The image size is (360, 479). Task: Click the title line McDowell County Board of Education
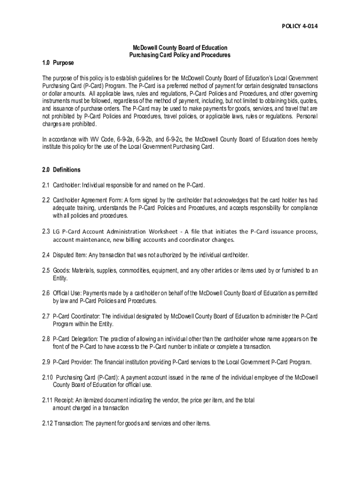180,48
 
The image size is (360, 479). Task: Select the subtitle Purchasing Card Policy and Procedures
180,55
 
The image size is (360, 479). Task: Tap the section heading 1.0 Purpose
58,63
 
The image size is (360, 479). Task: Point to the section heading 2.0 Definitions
61,169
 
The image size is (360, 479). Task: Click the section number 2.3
46,232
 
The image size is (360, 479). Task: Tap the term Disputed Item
69,255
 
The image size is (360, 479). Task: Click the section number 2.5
46,270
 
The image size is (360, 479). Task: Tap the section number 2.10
47,377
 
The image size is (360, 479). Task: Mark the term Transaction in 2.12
71,423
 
